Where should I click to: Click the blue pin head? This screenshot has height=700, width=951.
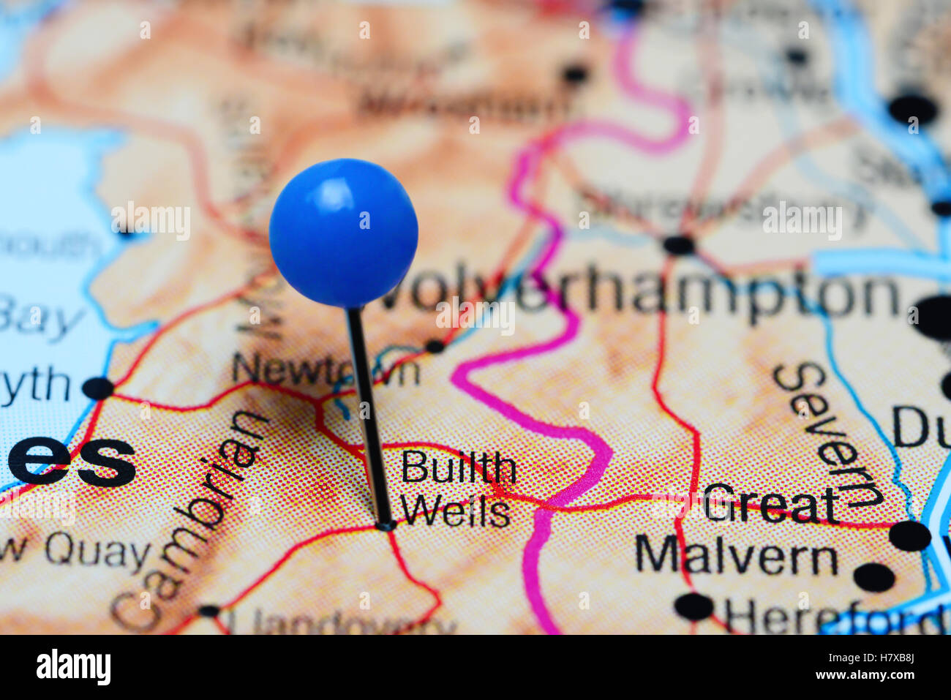343,232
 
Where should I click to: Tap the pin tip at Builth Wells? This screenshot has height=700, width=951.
384,524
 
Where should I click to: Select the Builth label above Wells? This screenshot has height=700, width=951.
459,468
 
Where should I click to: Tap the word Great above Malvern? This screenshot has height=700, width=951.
770,505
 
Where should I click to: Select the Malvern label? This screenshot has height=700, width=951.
736,556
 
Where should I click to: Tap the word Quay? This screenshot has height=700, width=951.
97,553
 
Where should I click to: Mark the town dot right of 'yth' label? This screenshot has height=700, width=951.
98,388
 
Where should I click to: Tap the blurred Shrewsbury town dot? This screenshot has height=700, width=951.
678,245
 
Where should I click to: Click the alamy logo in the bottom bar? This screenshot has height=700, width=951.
73,667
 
